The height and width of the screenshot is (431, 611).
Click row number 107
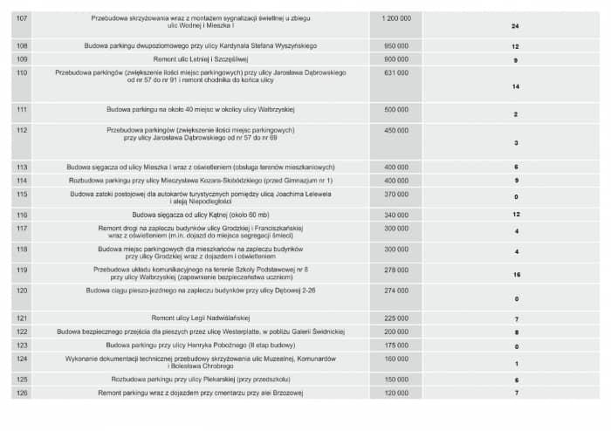pos(23,17)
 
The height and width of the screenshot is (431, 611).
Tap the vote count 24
pos(516,26)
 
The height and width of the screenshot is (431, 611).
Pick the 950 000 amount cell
pos(396,45)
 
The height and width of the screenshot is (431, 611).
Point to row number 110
pos(23,72)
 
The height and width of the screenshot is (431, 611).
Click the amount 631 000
pos(396,72)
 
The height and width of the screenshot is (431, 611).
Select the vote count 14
pos(516,87)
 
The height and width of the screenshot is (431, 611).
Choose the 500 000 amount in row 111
pos(396,110)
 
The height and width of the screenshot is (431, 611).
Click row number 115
pos(23,194)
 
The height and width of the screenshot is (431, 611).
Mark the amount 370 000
pos(396,194)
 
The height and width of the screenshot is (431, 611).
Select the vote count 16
pos(517,274)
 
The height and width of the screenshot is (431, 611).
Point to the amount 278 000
pos(396,270)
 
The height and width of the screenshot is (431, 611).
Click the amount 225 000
pos(396,318)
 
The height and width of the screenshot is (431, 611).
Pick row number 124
pos(23,359)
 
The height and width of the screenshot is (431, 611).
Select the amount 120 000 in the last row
pos(396,393)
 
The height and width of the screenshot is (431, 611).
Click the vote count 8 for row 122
pos(517,332)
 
